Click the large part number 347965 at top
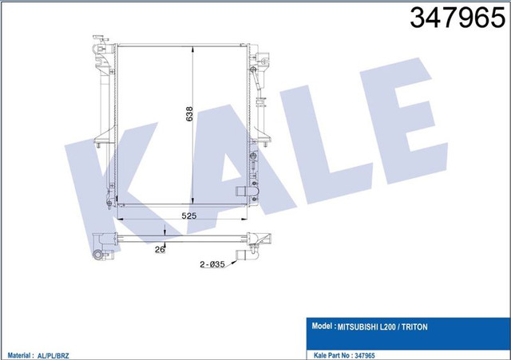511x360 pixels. [453, 19]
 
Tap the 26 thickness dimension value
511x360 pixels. [160, 248]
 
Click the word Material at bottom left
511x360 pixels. [22, 352]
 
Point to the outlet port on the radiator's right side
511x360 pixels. [244, 192]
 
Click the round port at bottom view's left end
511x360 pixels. [98, 254]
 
